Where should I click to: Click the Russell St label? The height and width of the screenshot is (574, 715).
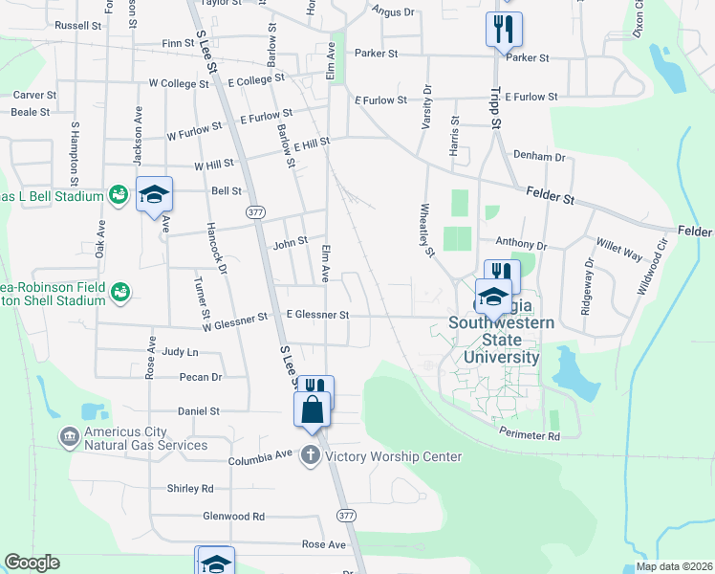coord(77,26)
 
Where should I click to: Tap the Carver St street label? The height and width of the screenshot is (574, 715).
coord(34,96)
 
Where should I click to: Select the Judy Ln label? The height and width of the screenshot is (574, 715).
coord(180,352)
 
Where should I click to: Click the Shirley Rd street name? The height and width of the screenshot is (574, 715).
coord(189,488)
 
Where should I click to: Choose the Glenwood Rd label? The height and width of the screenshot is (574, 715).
coord(233,517)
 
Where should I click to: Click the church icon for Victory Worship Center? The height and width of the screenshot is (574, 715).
coord(311,455)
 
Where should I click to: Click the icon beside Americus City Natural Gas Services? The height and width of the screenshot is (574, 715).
coord(69,437)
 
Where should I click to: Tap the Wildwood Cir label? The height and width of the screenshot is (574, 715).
coord(654,266)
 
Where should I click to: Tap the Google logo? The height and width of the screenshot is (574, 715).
coord(32,563)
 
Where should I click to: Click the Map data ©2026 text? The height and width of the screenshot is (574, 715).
coord(673,566)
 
